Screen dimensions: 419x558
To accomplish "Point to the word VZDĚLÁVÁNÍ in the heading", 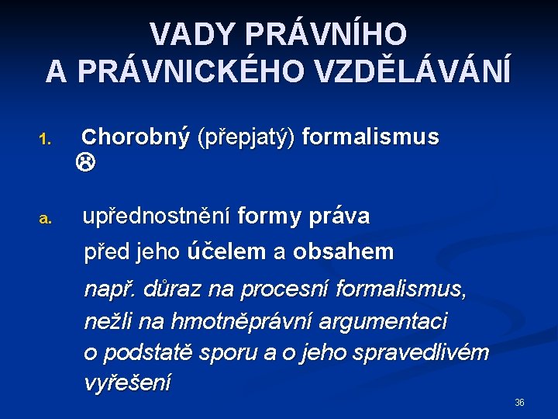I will click(408, 71).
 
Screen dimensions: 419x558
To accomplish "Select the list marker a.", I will click(45, 220).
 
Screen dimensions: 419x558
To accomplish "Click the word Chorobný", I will click(136, 138).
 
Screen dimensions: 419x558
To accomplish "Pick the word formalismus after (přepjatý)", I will click(370, 138).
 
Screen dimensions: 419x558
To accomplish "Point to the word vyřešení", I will click(127, 383).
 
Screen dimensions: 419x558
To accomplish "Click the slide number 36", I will click(519, 403).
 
